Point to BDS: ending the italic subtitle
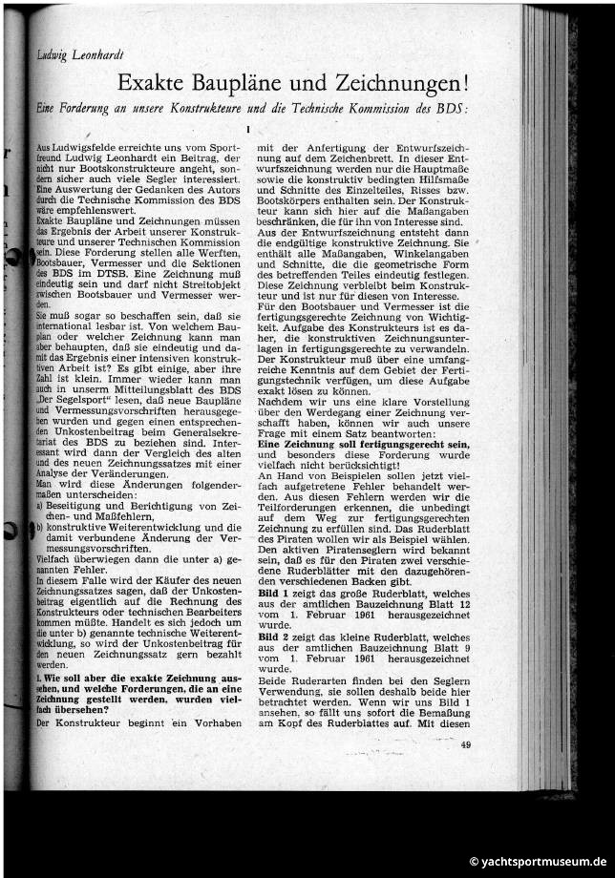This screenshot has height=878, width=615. [455, 108]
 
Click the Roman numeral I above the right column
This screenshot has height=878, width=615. [247, 129]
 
